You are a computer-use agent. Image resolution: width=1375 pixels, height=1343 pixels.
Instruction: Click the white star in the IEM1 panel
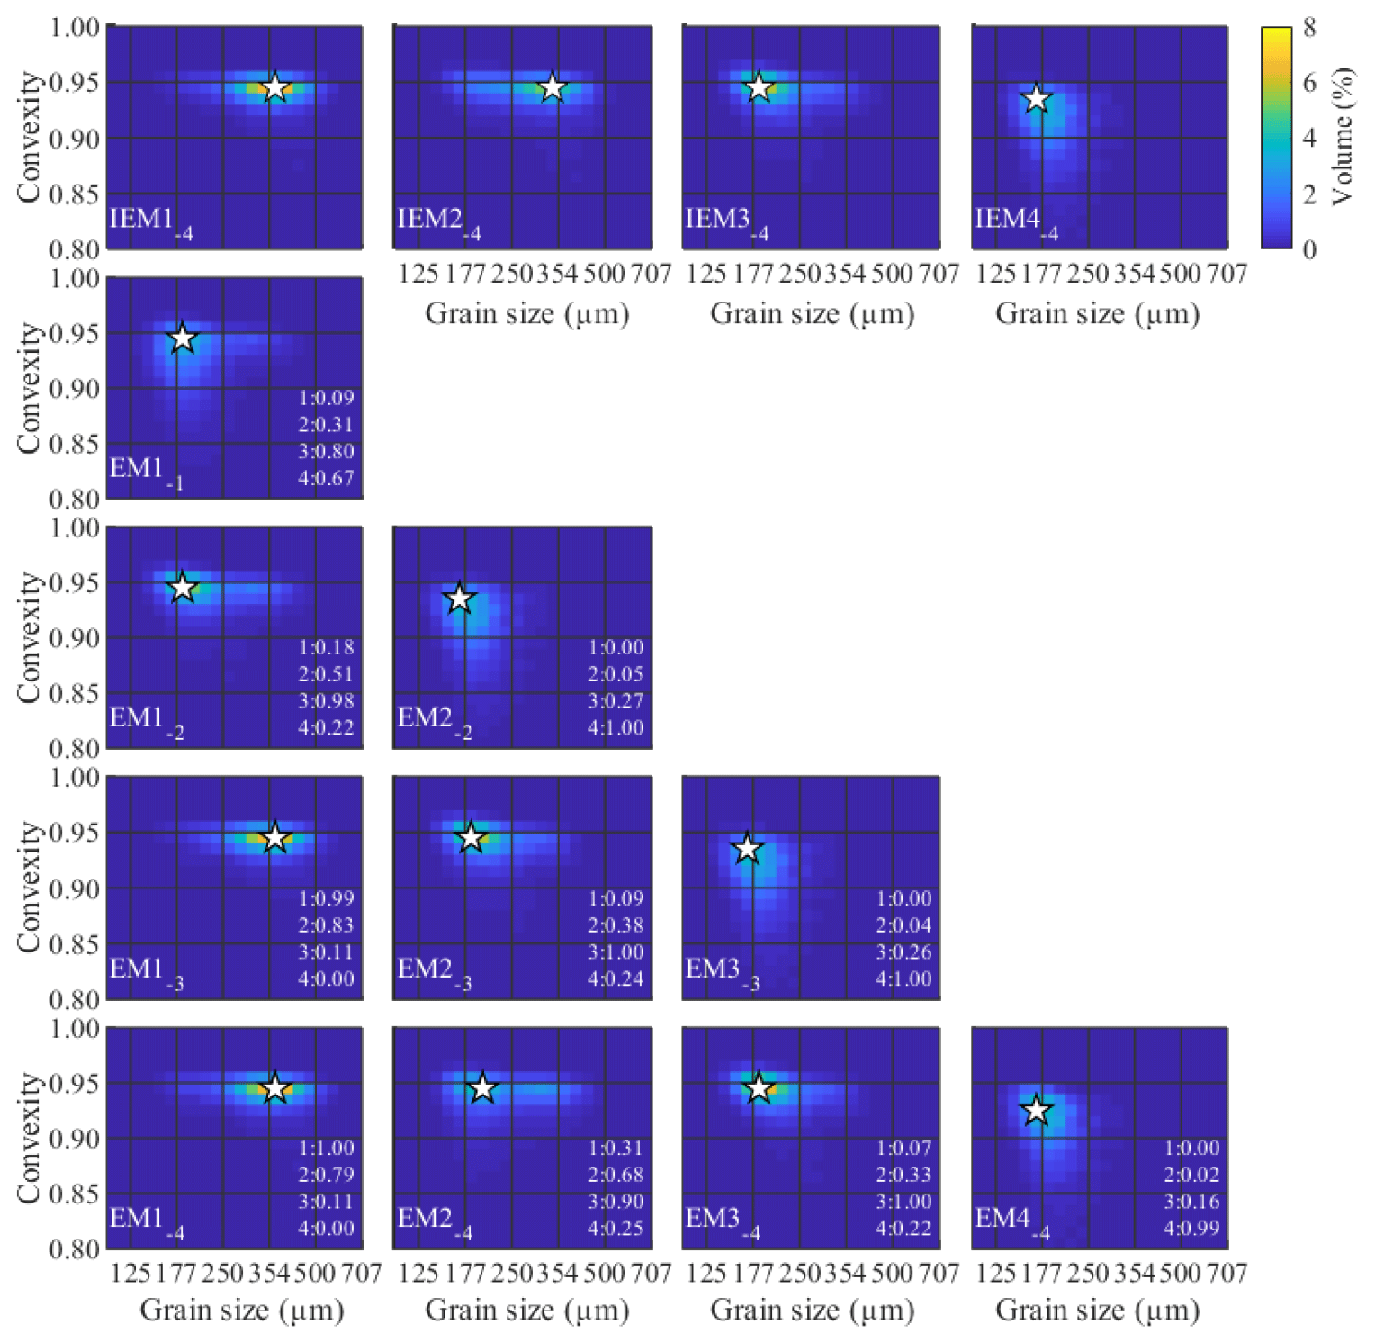pos(275,87)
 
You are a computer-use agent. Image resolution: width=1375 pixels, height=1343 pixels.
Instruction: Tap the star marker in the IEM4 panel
pos(1037,98)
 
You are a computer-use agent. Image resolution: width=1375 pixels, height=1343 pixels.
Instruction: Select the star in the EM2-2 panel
pos(460,598)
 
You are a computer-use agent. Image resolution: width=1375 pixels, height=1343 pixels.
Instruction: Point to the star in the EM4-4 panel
pos(1037,1110)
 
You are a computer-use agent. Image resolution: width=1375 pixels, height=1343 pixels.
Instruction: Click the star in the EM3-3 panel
pos(747,848)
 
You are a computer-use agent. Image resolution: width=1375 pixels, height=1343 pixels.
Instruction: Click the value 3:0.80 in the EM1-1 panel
pos(326,451)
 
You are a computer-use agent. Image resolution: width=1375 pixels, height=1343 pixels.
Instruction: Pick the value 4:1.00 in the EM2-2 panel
pos(616,727)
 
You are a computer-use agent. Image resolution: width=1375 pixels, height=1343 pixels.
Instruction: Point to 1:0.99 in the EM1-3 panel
pos(326,898)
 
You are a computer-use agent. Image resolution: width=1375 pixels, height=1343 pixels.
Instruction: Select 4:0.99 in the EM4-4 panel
pos(1191,1228)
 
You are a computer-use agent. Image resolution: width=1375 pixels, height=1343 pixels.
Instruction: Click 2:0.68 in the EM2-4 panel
pos(616,1175)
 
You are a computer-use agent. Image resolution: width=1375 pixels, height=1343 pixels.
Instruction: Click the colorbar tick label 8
pos(1309,28)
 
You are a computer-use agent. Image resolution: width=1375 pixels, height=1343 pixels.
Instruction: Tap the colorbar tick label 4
pos(1309,138)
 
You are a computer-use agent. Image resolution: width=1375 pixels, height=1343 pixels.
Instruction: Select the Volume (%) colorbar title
pos(1342,136)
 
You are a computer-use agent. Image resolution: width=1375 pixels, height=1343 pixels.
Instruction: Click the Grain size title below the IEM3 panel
pos(812,314)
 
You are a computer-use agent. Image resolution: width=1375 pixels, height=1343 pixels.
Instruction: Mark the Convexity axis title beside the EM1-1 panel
pos(29,388)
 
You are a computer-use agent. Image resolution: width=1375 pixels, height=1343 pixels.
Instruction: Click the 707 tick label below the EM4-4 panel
pos(1227,1273)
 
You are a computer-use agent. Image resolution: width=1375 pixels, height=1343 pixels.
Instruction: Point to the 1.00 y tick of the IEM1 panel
pos(75,28)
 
